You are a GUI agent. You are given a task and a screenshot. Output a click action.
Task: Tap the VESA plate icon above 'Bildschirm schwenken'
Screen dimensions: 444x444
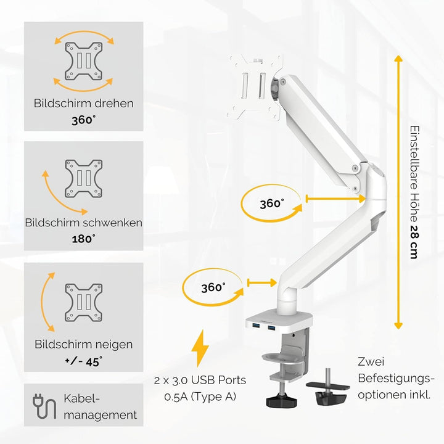click(x=83, y=179)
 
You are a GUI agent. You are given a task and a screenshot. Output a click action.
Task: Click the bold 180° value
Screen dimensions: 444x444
click(x=83, y=239)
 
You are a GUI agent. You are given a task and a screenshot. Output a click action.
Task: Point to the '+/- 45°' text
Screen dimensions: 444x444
click(x=83, y=361)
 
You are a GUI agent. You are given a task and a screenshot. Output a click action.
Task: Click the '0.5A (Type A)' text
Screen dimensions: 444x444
click(x=200, y=397)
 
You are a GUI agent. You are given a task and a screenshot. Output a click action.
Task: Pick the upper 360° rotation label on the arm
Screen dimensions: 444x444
click(x=271, y=203)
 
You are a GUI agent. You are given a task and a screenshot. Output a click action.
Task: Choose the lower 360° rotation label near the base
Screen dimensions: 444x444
click(x=213, y=287)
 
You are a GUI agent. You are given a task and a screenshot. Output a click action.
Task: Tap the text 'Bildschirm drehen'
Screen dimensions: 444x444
click(x=83, y=103)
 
